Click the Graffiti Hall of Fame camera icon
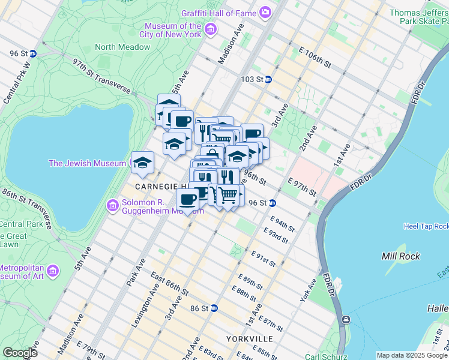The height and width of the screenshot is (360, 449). [x=265, y=12]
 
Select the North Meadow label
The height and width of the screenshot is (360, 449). [x=122, y=47]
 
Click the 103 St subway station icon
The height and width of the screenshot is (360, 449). [x=268, y=79]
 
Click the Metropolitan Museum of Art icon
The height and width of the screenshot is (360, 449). [x=53, y=271]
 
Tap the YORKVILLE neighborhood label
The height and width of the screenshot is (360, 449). [x=250, y=339]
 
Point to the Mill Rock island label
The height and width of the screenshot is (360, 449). [x=399, y=256]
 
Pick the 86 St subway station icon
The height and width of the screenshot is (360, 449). [x=214, y=308]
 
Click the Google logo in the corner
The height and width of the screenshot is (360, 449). [x=20, y=352]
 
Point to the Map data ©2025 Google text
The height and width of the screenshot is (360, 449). [x=411, y=355]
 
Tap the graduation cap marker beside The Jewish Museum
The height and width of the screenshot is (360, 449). [x=143, y=162]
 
